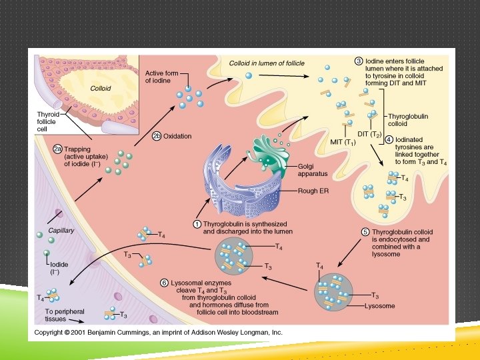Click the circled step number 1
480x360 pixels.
coord(197,223)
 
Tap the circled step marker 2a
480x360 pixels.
coord(58,149)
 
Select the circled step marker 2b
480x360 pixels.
coord(157,136)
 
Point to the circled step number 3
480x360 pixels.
coord(359,61)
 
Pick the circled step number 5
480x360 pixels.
coord(365,231)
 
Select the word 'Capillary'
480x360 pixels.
coord(61,231)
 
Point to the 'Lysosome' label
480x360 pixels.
coord(380,306)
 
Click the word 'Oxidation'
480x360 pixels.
coord(177,136)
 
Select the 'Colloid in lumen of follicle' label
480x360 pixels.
coord(267,63)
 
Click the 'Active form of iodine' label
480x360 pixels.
coord(163,77)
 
